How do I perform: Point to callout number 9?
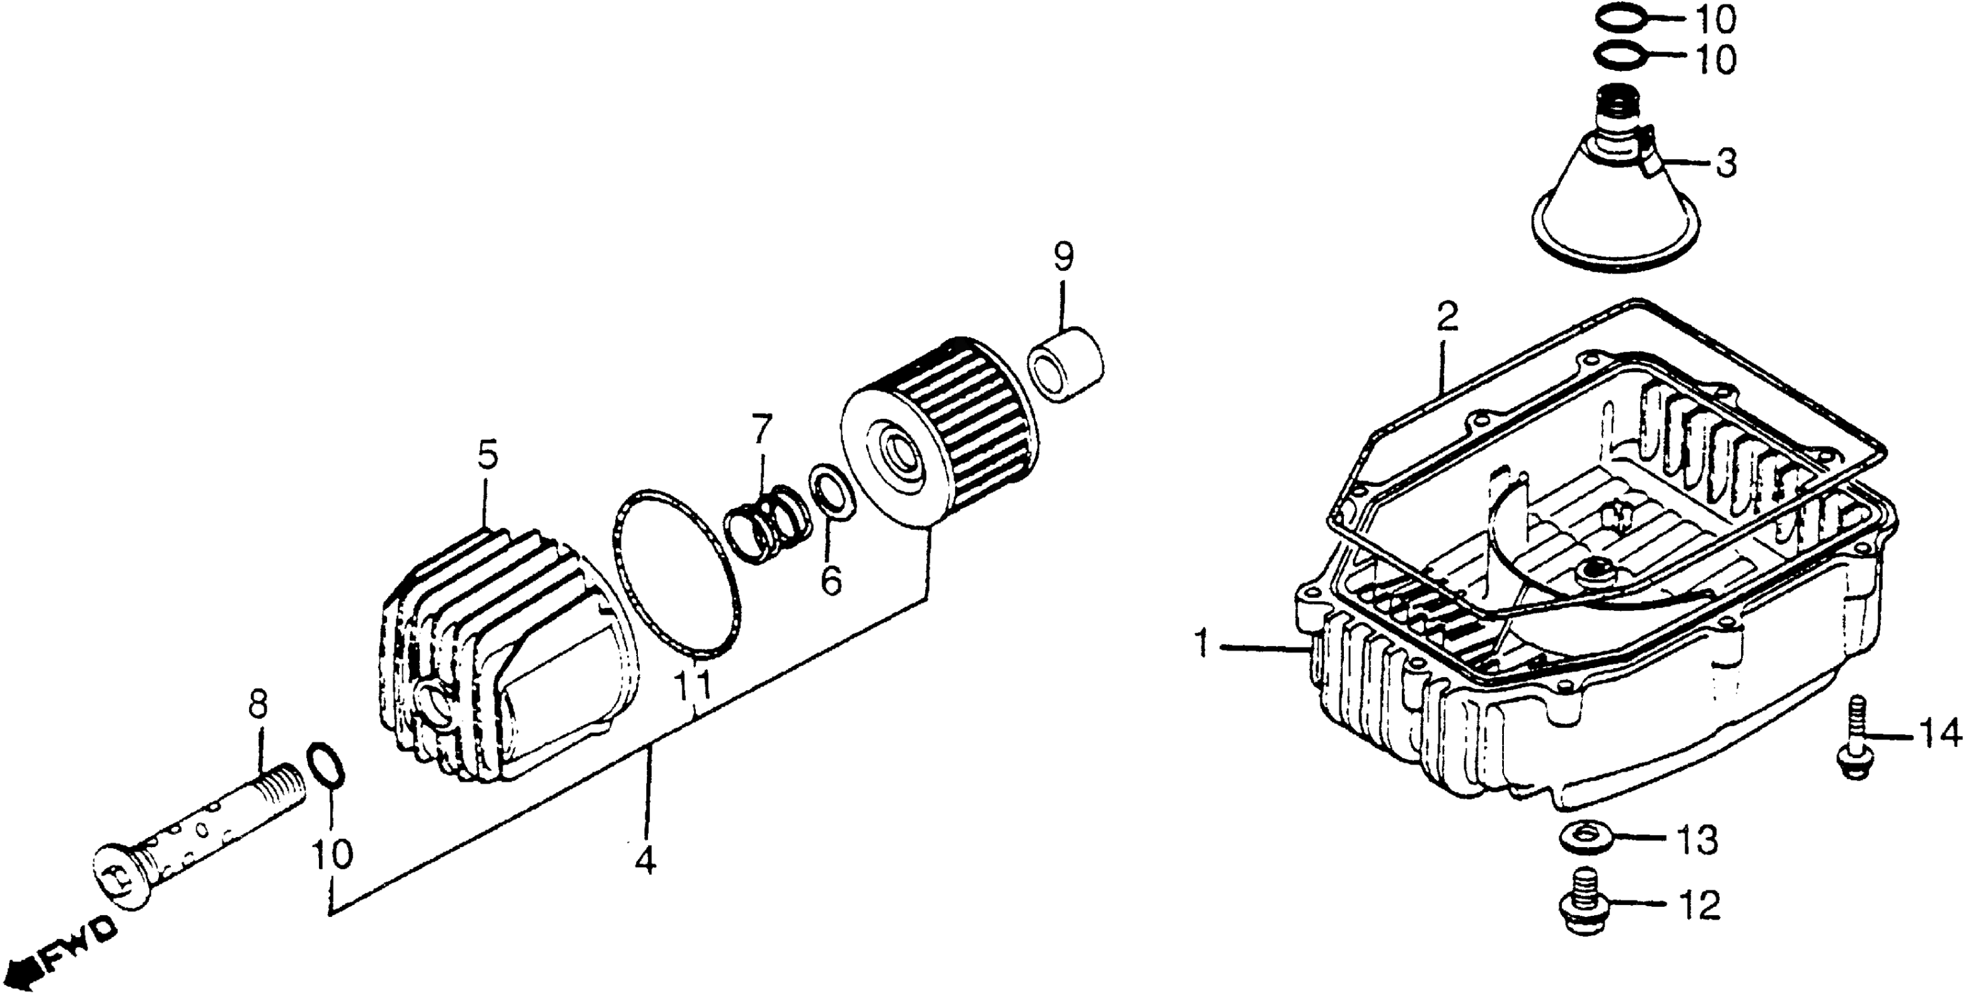[x=1063, y=257]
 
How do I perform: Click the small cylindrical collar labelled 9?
[x=1068, y=365]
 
